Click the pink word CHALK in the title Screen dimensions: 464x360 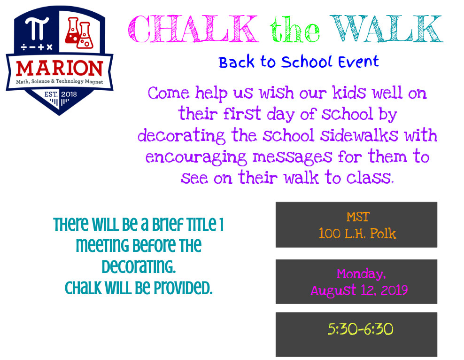coord(193,29)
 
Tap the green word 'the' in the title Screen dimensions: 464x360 coord(295,29)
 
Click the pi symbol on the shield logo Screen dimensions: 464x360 coord(37,28)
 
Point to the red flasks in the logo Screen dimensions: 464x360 coord(79,33)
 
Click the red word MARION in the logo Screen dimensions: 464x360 coord(60,68)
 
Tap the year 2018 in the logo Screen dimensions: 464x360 coord(69,94)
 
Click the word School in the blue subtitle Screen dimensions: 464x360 coord(306,62)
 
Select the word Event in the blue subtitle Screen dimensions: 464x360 coord(358,62)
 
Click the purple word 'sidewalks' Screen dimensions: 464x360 coord(359,135)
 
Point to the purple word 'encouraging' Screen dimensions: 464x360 coord(196,157)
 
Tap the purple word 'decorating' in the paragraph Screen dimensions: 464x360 coord(181,136)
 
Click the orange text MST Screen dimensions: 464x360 coord(358,217)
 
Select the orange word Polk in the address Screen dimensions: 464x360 coord(383,234)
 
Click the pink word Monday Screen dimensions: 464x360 coord(361,274)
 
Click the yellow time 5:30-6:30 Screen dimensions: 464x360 coord(360,329)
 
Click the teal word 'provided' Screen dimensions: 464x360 coord(183,288)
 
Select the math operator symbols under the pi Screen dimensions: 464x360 coord(37,47)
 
